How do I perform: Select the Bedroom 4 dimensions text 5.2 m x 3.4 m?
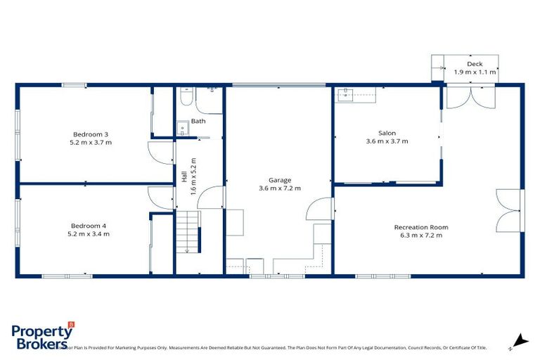(x=88, y=233)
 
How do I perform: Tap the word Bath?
(x=198, y=121)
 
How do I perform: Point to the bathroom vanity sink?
(x=182, y=129)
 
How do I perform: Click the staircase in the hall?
(x=188, y=233)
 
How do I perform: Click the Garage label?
(x=279, y=179)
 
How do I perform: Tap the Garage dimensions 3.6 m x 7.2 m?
(x=279, y=188)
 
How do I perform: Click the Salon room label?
(x=387, y=133)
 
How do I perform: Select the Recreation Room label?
(x=420, y=227)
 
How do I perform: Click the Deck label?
(x=475, y=64)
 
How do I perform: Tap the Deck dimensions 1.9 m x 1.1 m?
(x=475, y=72)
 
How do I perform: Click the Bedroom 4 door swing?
(x=159, y=198)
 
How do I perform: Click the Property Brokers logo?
(x=43, y=335)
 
